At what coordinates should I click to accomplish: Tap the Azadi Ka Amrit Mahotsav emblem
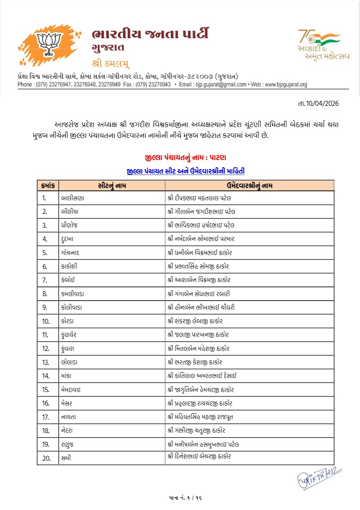click(x=318, y=45)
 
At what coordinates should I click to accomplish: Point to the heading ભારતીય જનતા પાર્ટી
click(x=150, y=34)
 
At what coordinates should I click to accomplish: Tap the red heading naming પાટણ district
click(x=186, y=157)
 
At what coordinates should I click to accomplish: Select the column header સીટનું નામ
click(x=112, y=185)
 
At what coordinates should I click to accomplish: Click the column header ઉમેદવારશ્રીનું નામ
click(x=249, y=185)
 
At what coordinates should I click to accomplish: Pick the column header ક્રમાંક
click(x=48, y=185)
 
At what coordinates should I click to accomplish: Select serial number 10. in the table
click(x=46, y=321)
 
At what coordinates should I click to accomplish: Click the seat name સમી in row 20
click(x=66, y=457)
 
